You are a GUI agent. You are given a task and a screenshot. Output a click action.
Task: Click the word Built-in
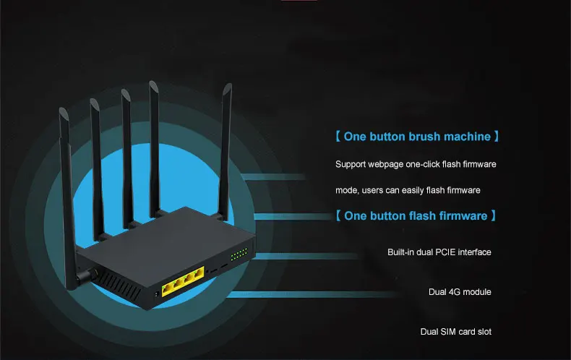[403, 252]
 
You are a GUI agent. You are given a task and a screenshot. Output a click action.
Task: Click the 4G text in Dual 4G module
[454, 292]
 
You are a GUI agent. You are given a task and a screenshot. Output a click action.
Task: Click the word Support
[351, 165]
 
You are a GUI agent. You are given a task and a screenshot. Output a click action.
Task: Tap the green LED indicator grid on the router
[239, 254]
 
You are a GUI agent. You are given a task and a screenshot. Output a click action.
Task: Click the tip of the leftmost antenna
[63, 109]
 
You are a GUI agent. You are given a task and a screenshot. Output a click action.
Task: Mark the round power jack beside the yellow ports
[158, 293]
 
